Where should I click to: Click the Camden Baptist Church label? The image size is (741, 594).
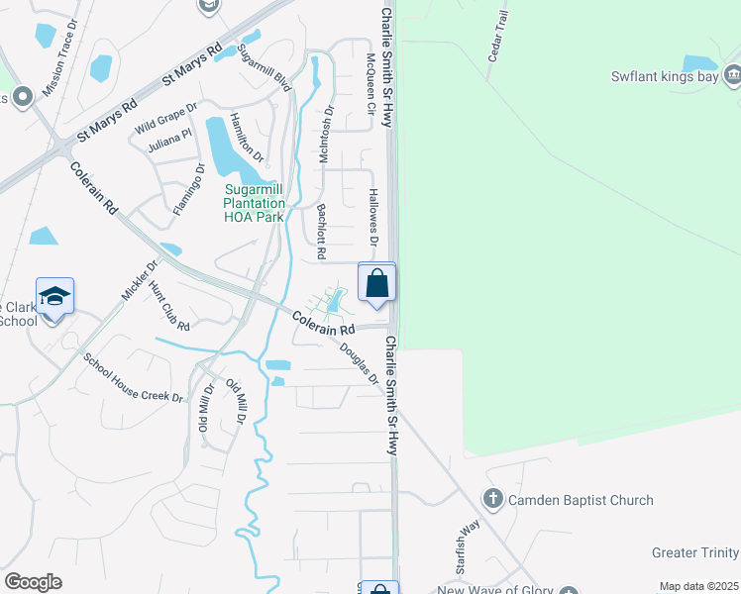pyautogui.click(x=581, y=500)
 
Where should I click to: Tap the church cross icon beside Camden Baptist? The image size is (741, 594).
pyautogui.click(x=492, y=499)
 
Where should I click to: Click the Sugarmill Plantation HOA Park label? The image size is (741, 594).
pyautogui.click(x=256, y=202)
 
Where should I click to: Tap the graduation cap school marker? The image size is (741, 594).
pyautogui.click(x=54, y=297)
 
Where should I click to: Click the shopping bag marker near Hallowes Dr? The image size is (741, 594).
pyautogui.click(x=377, y=283)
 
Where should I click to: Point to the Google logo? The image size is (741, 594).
pyautogui.click(x=33, y=582)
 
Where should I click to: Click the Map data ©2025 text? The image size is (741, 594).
pyautogui.click(x=698, y=586)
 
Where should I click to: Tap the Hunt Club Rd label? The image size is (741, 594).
pyautogui.click(x=168, y=305)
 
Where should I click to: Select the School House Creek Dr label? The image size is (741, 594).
pyautogui.click(x=134, y=378)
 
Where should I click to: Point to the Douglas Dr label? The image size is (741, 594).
pyautogui.click(x=360, y=363)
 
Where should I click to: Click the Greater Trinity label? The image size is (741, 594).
pyautogui.click(x=695, y=552)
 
